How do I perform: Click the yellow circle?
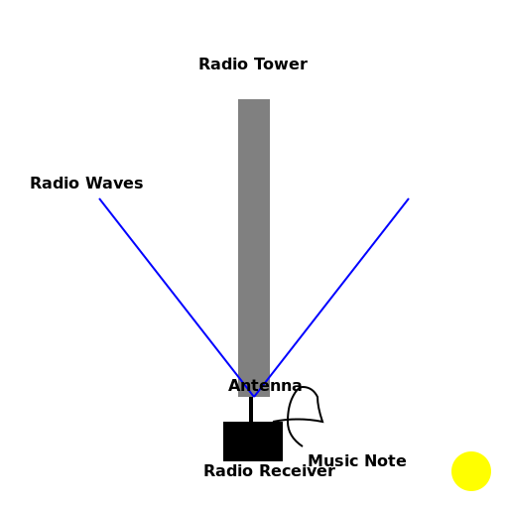pos(471,471)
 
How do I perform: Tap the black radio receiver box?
pos(252,442)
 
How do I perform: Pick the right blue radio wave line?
pos(337,287)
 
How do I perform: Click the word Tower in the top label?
pos(282,64)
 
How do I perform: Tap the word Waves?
pos(114,184)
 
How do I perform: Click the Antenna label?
pos(265,386)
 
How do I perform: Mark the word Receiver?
pos(297,471)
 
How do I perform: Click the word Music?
pos(333,461)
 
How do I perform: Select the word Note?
pos(385,461)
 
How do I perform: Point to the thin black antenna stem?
pos(251,410)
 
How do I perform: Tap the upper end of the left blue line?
pos(100,199)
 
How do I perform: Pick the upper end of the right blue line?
pos(408,199)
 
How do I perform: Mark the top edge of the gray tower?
pos(254,100)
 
